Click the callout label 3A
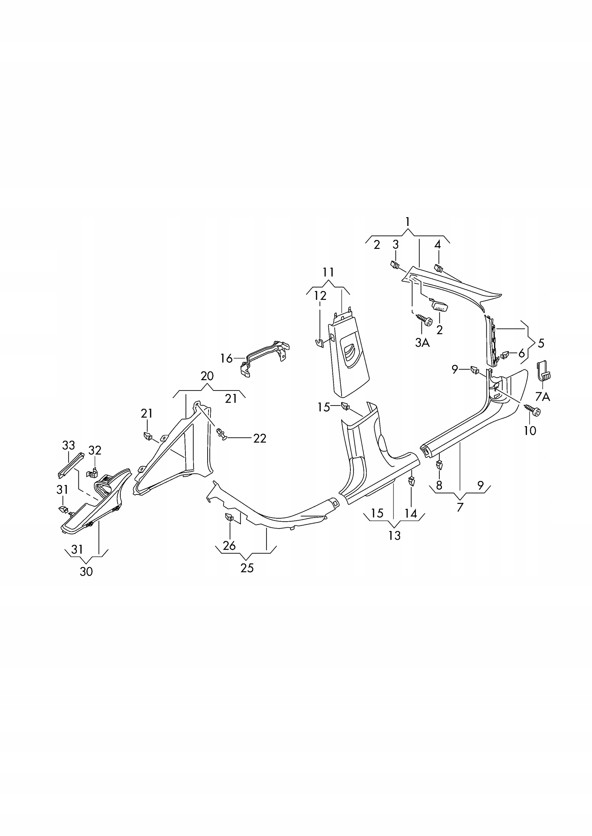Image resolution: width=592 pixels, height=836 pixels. pyautogui.click(x=422, y=342)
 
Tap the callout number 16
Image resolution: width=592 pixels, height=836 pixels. pyautogui.click(x=227, y=359)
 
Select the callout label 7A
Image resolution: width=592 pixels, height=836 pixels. pyautogui.click(x=542, y=396)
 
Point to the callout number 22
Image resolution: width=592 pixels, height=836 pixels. pyautogui.click(x=260, y=438)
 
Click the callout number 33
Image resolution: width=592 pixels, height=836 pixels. pyautogui.click(x=69, y=445)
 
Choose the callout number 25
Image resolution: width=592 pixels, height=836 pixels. pyautogui.click(x=247, y=568)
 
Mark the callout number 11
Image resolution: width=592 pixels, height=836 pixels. pyautogui.click(x=328, y=272)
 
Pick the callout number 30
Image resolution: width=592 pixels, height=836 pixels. pyautogui.click(x=86, y=572)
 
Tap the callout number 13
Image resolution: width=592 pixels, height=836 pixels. pyautogui.click(x=395, y=536)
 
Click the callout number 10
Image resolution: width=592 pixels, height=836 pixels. pyautogui.click(x=530, y=431)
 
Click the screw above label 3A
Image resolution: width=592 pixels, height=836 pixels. pyautogui.click(x=425, y=319)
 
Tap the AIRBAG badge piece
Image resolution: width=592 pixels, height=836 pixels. pyautogui.click(x=439, y=305)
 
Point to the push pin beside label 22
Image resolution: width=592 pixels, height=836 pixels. pyautogui.click(x=222, y=434)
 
